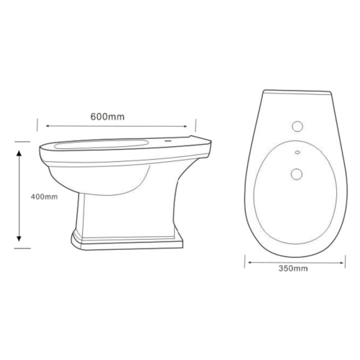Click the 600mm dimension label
(107, 117)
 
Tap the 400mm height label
(45, 197)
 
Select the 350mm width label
(293, 269)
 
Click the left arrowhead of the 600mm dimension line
(48, 126)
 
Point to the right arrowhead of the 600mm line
(185, 126)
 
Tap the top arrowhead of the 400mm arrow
(19, 153)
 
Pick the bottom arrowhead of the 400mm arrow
(19, 238)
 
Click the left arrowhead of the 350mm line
(250, 263)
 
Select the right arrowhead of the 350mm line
(342, 263)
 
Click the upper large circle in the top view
(297, 126)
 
